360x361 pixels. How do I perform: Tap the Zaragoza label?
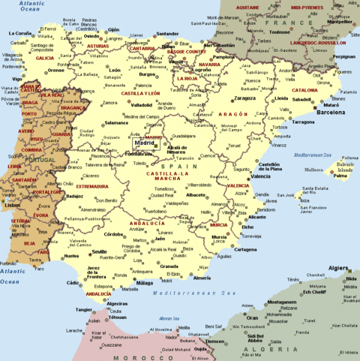(x=245, y=98)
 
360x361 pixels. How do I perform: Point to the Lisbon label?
(x=11, y=204)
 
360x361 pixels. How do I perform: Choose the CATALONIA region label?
(x=305, y=90)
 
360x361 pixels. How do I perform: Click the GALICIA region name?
(x=44, y=57)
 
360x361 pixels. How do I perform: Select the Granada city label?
(x=170, y=266)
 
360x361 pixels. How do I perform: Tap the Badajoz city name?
(x=75, y=197)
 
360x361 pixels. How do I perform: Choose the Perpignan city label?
(x=343, y=56)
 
